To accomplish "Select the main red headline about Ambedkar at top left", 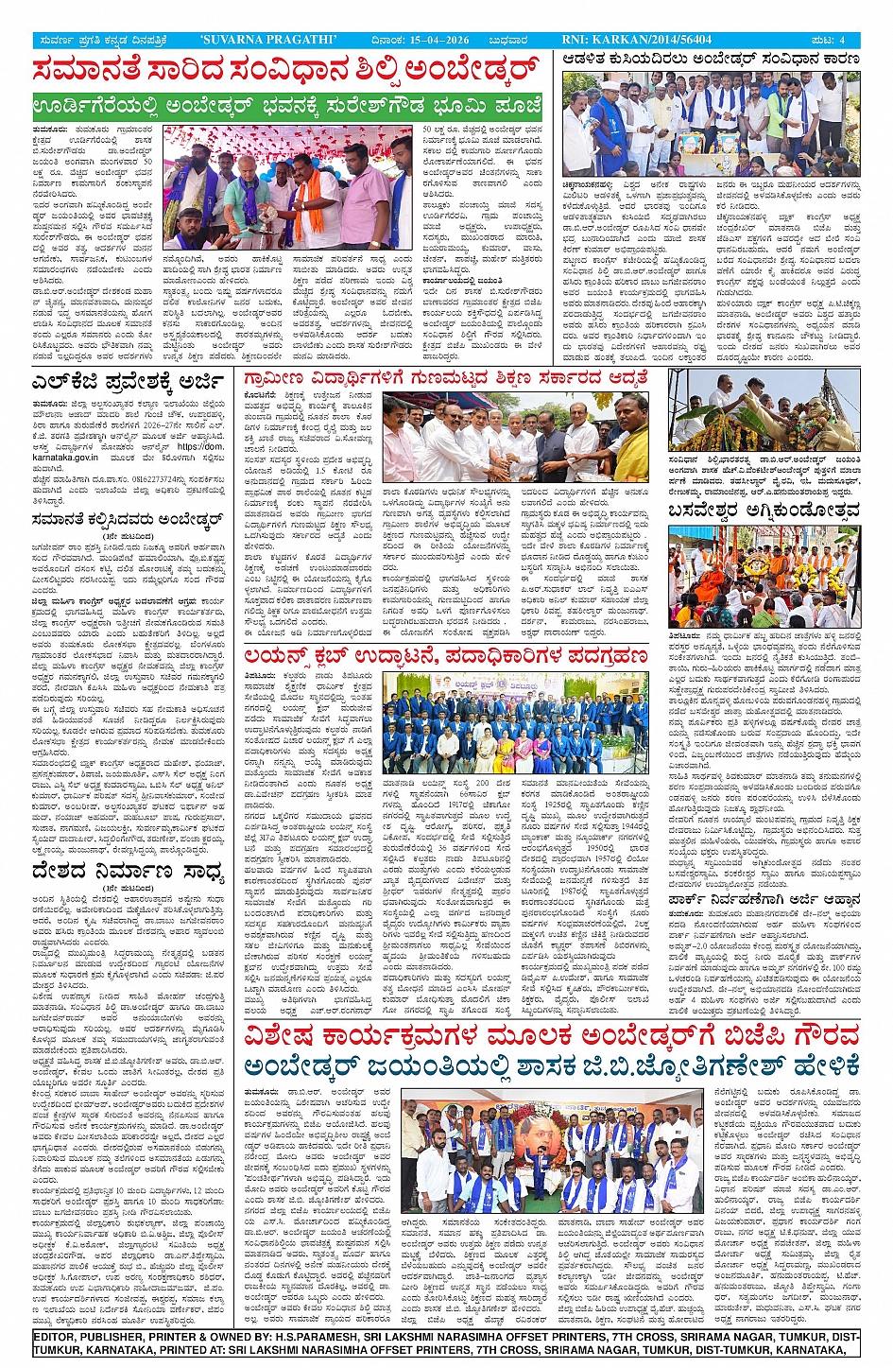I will point(285,70).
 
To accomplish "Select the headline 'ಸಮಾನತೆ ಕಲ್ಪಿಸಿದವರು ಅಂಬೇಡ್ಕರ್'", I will point(127,518).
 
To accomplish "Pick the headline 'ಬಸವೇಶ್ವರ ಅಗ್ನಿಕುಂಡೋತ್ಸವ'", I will point(764,512).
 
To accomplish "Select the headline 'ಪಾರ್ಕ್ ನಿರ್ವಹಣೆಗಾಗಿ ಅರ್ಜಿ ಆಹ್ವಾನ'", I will point(764,900).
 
